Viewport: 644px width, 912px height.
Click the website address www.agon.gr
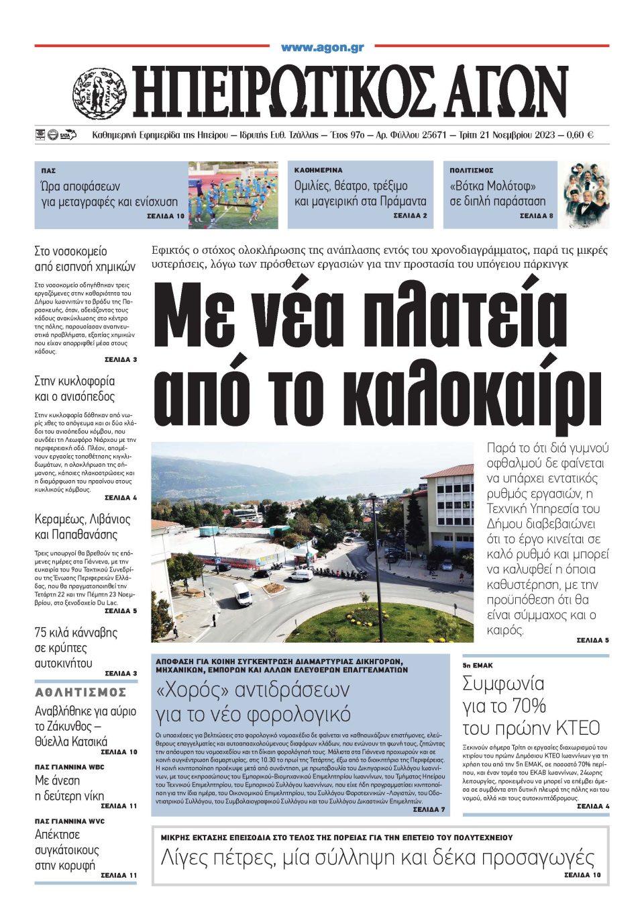pos(323,48)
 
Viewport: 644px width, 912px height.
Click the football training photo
pos(233,195)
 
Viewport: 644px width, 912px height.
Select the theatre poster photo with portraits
pos(586,195)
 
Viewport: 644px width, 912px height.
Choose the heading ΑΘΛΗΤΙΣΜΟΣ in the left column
pos(80,692)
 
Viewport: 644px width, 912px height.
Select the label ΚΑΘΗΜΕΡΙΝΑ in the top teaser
pos(319,171)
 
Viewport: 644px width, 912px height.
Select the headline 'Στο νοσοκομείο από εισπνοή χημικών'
pos(85,259)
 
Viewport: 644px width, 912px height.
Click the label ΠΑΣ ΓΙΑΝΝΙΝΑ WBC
pos(68,766)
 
